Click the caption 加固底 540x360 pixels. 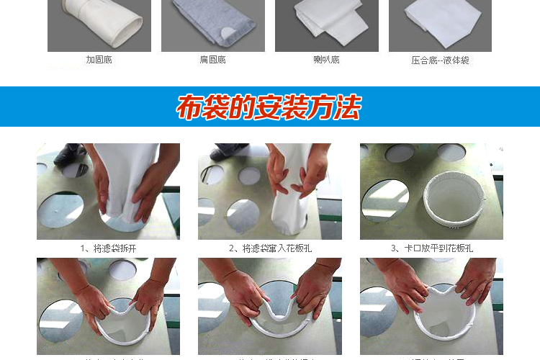point(99,60)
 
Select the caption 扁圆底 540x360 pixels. point(212,60)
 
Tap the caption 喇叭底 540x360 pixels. point(326,60)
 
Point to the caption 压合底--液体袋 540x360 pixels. point(440,60)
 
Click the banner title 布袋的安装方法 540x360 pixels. point(269,107)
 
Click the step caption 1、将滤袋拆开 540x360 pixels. point(108,248)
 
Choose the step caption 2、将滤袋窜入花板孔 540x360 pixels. point(270,248)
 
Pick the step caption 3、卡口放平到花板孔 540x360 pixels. point(432,248)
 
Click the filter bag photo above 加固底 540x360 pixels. point(99,25)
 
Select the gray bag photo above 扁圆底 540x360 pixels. point(213,25)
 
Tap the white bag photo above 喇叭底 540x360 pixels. point(327,25)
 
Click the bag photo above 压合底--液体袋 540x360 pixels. point(440,25)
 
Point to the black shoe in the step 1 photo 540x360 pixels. point(70,153)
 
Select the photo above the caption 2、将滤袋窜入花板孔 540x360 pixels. point(270,191)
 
